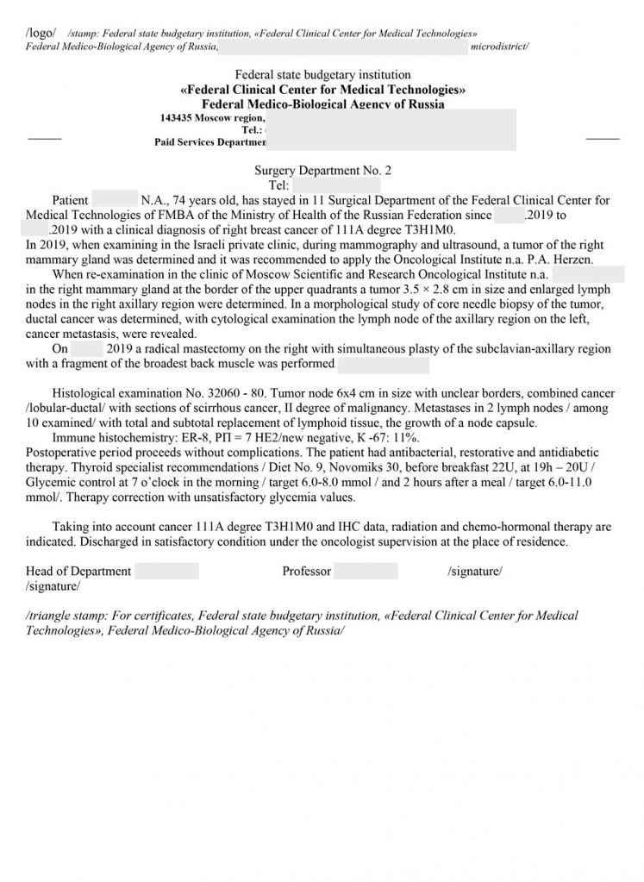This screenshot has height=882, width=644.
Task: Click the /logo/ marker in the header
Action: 41,33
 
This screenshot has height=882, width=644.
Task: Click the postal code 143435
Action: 176,117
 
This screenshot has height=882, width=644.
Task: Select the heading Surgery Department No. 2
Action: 322,171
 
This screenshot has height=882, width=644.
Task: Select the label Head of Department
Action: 78,571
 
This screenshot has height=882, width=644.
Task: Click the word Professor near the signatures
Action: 306,571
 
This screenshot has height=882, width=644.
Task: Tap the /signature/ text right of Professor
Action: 475,571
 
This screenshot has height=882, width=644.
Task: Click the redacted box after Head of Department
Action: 166,571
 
